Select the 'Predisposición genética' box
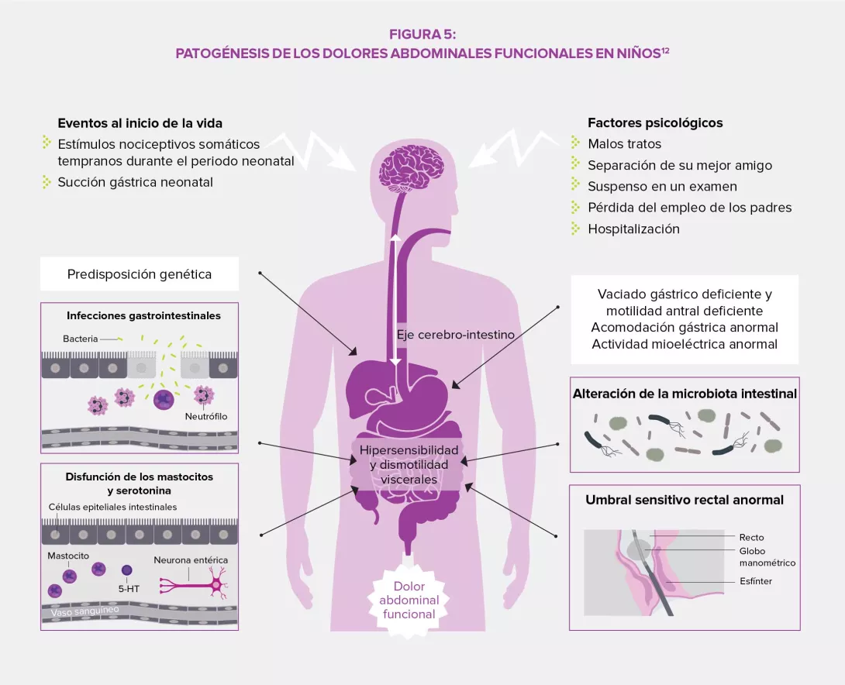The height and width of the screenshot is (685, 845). pyautogui.click(x=140, y=274)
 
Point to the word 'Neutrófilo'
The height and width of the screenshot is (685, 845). pyautogui.click(x=205, y=417)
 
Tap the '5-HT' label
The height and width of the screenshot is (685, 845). pyautogui.click(x=128, y=590)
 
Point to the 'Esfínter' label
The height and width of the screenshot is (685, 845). pyautogui.click(x=756, y=581)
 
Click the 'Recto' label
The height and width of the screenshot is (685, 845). pyautogui.click(x=751, y=537)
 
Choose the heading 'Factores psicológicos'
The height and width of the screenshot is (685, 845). pyautogui.click(x=655, y=122)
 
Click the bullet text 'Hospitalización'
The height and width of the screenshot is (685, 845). pyautogui.click(x=633, y=229)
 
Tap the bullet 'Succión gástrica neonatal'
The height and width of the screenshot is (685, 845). pyautogui.click(x=135, y=182)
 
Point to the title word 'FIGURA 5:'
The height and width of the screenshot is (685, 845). pyautogui.click(x=422, y=34)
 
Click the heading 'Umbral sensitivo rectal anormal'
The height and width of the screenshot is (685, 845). pyautogui.click(x=684, y=500)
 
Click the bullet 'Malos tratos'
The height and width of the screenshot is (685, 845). pyautogui.click(x=624, y=144)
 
